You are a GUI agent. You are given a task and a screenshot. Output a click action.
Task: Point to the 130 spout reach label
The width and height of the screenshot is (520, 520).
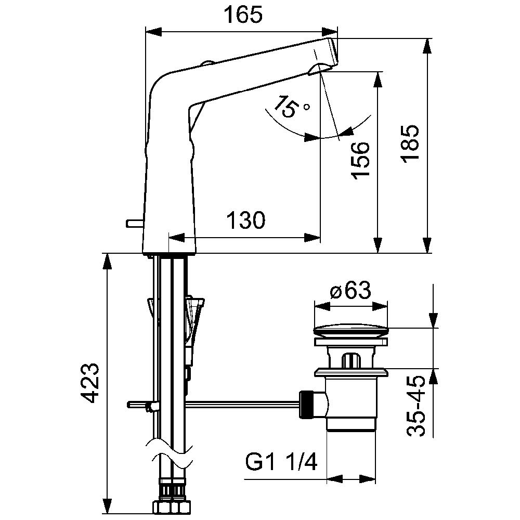(245, 220)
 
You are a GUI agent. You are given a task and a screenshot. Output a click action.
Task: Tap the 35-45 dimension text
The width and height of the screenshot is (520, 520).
(415, 406)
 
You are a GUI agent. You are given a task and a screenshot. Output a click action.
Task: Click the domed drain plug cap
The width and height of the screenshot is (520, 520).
(350, 332)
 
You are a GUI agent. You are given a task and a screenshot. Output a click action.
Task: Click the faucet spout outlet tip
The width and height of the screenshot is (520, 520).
(333, 53)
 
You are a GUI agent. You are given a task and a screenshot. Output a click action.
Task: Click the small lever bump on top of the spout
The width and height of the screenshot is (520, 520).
(208, 63)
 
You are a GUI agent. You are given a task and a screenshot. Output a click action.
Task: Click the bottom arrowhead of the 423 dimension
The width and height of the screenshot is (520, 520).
(107, 506)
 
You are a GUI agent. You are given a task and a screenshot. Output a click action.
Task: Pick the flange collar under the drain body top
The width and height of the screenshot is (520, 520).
(351, 372)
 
